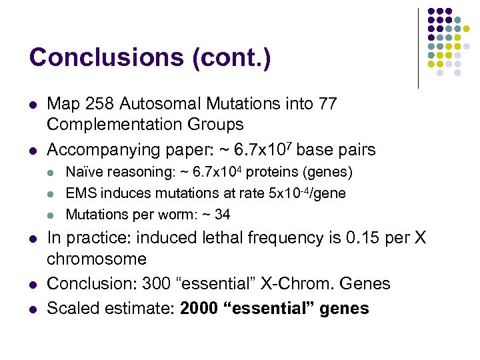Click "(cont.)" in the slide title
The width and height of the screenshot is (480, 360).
click(231, 57)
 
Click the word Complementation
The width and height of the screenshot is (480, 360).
click(117, 125)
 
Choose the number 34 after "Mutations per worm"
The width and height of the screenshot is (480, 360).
click(222, 214)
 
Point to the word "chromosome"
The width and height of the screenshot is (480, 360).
click(97, 259)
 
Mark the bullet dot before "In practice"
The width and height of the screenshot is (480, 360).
click(32, 238)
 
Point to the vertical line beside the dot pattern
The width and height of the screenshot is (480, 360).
click(419, 48)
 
